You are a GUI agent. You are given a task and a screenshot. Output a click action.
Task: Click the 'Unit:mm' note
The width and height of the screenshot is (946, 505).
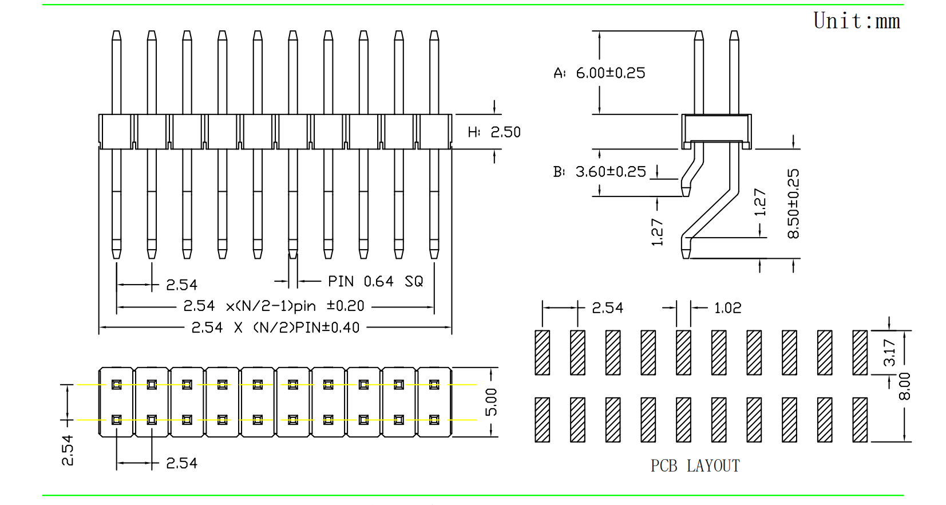(x=856, y=21)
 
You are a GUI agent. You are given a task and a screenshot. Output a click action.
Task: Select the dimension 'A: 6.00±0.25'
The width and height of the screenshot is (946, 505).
(x=599, y=73)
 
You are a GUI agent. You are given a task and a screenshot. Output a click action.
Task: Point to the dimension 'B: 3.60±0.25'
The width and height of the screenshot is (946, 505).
(x=599, y=172)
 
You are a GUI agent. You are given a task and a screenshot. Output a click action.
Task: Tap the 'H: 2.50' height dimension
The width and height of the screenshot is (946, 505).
(x=494, y=132)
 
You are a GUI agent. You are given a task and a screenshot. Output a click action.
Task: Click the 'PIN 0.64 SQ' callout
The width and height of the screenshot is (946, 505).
(x=375, y=282)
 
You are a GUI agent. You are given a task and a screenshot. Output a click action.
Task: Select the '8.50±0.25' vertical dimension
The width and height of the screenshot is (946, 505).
(x=793, y=203)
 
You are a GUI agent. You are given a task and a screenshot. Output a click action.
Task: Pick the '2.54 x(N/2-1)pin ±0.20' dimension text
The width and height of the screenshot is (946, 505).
(x=274, y=306)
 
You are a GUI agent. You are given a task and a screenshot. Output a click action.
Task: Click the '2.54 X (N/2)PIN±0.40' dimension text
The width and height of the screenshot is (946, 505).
(x=275, y=328)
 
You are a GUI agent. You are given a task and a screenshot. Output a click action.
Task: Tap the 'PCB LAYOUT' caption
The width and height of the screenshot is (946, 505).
(x=695, y=466)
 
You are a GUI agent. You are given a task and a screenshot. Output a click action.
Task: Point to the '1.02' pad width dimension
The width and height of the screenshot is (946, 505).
(x=727, y=308)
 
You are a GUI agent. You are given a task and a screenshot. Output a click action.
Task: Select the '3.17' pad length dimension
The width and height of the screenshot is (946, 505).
(x=889, y=352)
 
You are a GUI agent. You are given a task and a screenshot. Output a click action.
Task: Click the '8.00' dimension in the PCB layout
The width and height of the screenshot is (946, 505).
(x=904, y=386)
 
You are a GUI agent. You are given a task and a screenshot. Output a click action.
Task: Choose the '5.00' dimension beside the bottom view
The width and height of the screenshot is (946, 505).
(x=491, y=402)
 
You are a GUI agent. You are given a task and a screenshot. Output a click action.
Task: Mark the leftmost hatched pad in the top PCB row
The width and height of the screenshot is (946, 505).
(x=542, y=353)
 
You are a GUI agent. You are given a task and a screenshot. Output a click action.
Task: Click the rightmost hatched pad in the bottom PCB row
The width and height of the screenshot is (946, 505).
(x=860, y=420)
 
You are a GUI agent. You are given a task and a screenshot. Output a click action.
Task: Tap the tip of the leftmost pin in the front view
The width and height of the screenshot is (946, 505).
(x=116, y=34)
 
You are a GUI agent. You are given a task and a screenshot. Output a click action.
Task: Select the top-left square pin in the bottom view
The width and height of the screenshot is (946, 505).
(x=116, y=385)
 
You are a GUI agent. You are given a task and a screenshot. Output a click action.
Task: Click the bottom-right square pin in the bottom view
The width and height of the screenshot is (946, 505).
(x=434, y=420)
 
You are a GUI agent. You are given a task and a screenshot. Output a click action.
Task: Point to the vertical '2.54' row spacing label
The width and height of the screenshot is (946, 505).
(x=68, y=450)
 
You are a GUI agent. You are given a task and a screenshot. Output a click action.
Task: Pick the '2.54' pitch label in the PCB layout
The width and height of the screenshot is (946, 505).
(x=607, y=308)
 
